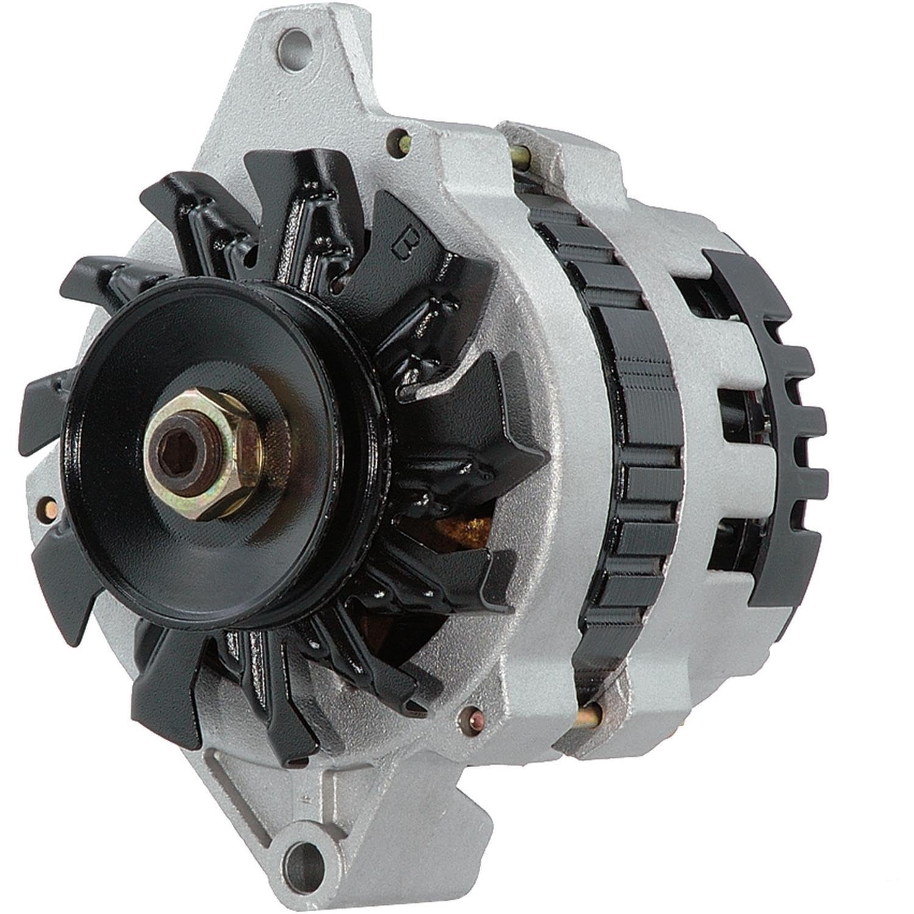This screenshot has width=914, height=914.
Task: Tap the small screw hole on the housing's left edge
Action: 44,505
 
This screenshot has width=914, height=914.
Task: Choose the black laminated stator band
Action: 634,427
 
